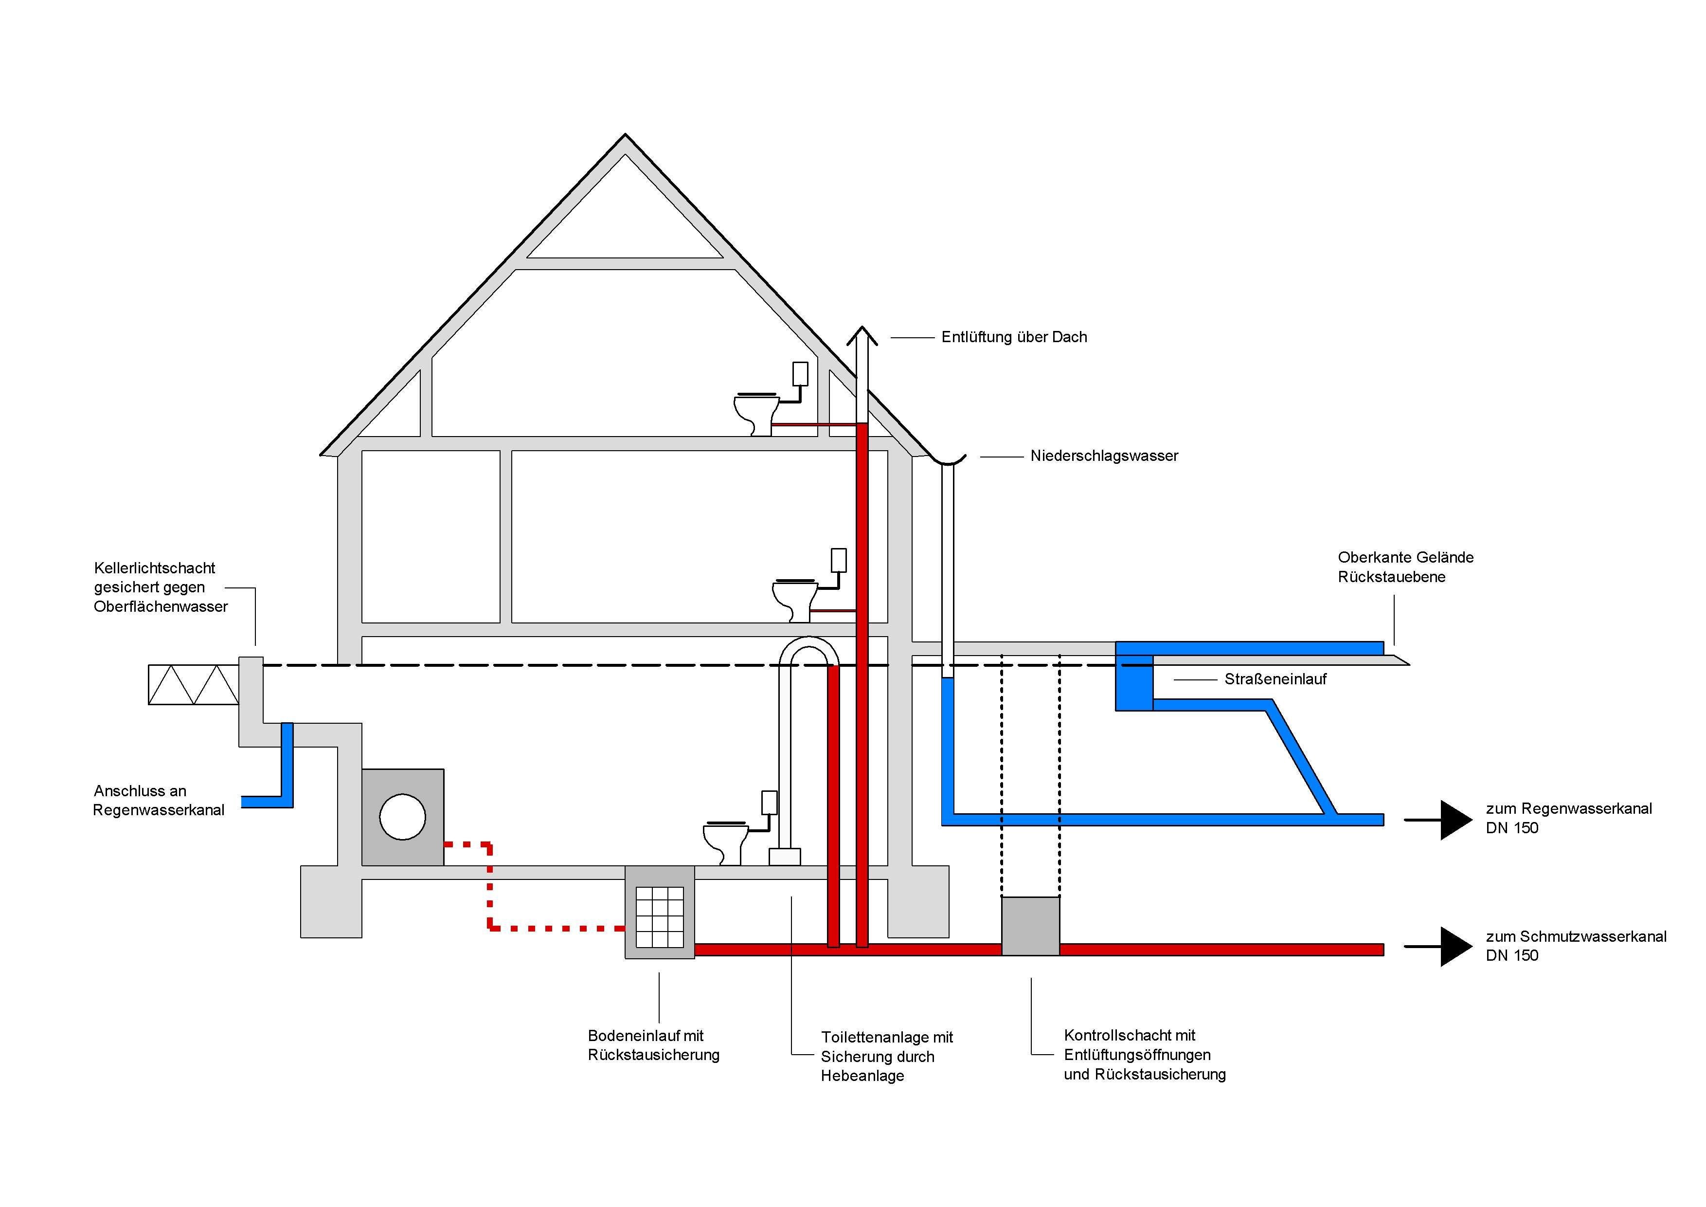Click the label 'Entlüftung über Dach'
[x=1013, y=337]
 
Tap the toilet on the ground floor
[x=793, y=598]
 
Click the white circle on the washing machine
[x=402, y=817]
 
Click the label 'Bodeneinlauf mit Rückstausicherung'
[x=653, y=1045]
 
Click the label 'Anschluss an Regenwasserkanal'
[x=158, y=801]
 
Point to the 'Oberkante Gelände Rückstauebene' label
[x=1405, y=567]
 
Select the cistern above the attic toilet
[x=800, y=374]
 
